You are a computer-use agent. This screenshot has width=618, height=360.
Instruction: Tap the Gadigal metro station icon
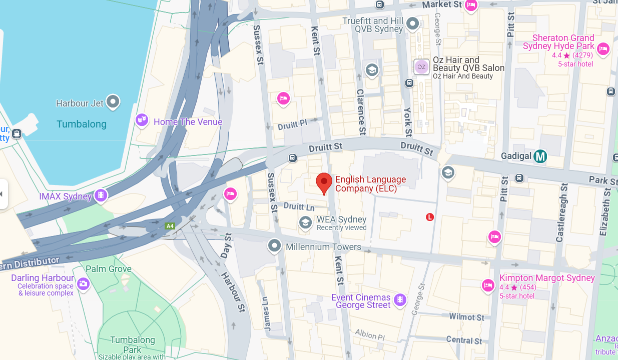click(540, 156)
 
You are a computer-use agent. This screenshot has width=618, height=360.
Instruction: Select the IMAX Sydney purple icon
click(101, 195)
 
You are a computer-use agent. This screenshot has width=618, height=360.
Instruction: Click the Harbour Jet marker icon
click(113, 102)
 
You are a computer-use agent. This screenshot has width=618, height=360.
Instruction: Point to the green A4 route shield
click(170, 226)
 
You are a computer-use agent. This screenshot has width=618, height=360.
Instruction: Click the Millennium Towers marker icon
click(274, 246)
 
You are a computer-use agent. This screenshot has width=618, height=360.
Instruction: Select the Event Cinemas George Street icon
click(400, 299)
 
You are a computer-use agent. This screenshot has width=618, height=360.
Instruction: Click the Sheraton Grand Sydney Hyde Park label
click(563, 42)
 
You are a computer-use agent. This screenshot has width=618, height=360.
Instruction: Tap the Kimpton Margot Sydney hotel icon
click(488, 285)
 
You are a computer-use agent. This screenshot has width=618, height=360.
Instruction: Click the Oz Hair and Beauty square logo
click(421, 66)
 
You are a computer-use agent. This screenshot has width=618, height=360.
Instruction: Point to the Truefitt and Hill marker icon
click(412, 23)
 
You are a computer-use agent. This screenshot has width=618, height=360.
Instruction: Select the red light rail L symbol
click(429, 217)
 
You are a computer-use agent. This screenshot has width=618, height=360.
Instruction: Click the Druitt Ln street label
click(299, 206)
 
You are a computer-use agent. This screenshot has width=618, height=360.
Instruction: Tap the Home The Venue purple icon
click(142, 120)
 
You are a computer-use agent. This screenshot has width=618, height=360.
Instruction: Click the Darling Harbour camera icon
click(83, 284)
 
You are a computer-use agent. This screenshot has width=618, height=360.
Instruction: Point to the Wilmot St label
click(466, 317)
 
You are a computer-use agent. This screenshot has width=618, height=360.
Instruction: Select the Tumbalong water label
click(82, 124)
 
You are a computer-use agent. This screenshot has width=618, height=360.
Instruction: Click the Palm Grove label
click(109, 269)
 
